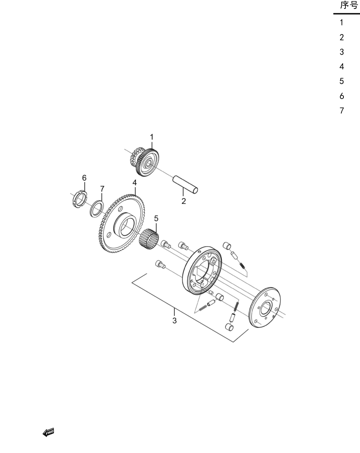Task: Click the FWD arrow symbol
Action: [48, 432]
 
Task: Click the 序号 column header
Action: [349, 5]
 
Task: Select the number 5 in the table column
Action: [341, 81]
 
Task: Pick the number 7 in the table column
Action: [342, 111]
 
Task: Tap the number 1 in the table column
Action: [341, 23]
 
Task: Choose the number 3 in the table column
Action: [342, 52]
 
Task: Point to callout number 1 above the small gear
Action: [152, 137]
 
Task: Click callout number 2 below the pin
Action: [184, 201]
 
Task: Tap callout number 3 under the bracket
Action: [174, 320]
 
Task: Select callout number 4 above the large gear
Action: [135, 182]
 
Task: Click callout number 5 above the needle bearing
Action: [156, 218]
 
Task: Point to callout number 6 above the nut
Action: [84, 178]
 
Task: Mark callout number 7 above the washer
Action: [102, 188]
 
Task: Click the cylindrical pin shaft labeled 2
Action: [185, 184]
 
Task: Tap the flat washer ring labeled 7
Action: [97, 209]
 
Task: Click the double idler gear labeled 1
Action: [144, 162]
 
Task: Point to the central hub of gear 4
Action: [125, 224]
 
